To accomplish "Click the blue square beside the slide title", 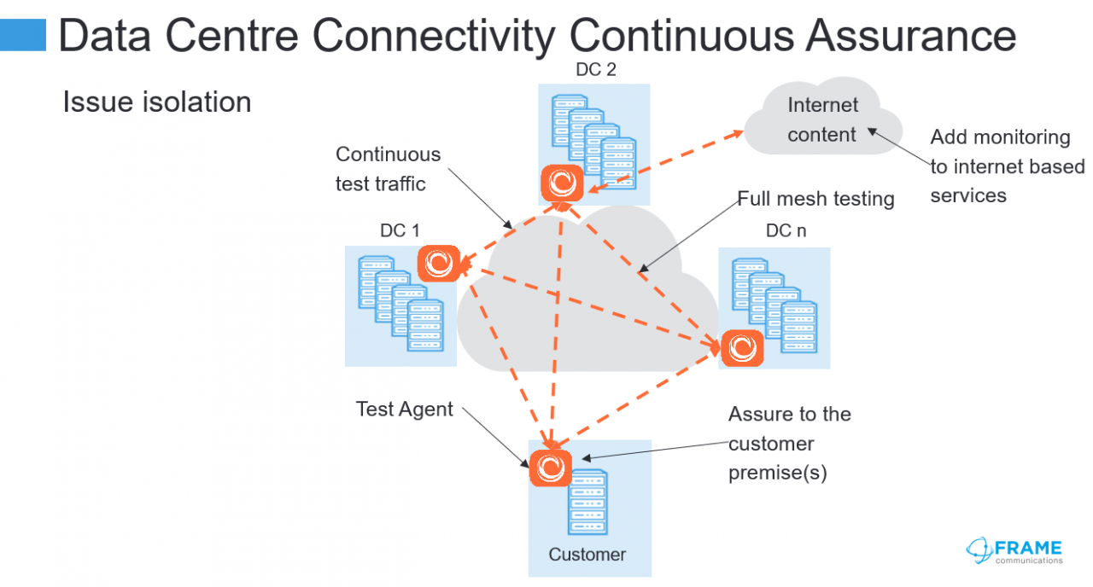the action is pos(23,35).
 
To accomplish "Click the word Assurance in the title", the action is pos(910,35).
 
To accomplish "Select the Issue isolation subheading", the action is pos(156,102).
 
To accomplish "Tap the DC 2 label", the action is pos(596,70).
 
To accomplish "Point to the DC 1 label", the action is pos(400,230).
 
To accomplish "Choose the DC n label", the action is pos(786,230).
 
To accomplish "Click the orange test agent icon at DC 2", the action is pos(562,183).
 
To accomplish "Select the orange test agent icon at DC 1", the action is pos(439,264).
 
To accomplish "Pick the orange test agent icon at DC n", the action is pos(742,348).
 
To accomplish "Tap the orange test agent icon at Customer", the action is pos(551,468).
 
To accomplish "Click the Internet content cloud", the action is pos(823,117).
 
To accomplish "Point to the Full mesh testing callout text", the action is pos(815,199).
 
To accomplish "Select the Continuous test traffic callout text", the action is pos(388,169).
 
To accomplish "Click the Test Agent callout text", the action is pos(405,409).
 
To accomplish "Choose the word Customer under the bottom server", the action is pos(587,555).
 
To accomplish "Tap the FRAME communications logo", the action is pos(1014,551).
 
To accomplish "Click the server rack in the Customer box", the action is pos(588,502).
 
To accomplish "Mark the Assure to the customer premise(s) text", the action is pos(790,443).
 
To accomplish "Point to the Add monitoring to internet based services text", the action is pos(1007,166).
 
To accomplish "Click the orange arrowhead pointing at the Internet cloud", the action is pos(735,134).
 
